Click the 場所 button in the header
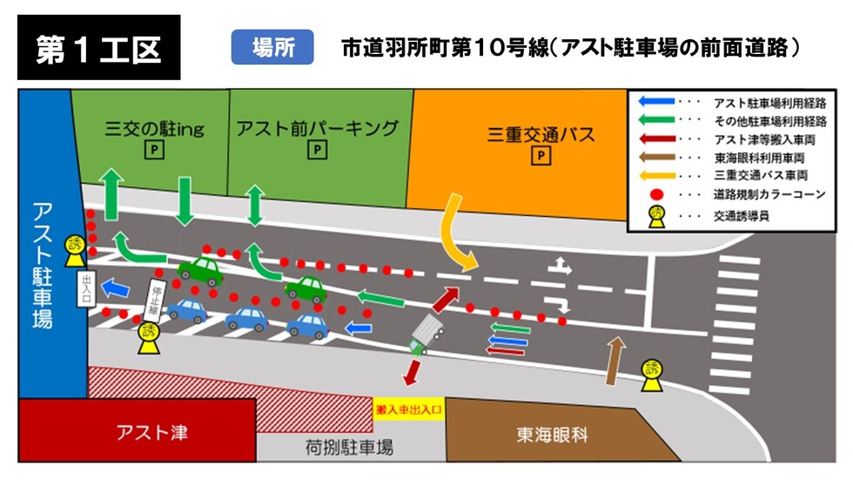pos(272,47)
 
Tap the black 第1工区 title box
pos(98,48)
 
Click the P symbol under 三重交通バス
pos(541,157)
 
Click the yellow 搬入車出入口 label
pos(408,408)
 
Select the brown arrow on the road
pos(615,360)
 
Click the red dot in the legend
pos(659,193)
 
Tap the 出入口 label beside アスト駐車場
pos(86,290)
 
